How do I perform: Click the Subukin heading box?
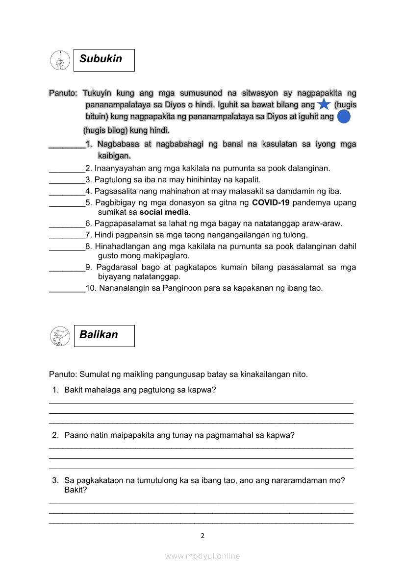coord(104,60)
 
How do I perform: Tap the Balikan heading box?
coord(104,336)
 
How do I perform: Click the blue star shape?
coord(324,105)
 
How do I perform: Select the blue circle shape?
coord(344,117)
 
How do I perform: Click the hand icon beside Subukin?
coord(59,60)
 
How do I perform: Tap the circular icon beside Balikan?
coord(59,336)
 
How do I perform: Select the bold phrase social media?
coord(164,212)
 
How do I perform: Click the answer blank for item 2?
coord(67,169)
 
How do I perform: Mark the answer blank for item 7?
coord(67,235)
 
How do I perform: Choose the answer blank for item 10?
coord(67,289)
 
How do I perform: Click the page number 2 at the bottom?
coord(202,536)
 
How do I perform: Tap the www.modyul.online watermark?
coord(202,556)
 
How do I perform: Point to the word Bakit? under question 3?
coord(76,490)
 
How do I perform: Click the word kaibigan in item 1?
coord(114,156)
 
